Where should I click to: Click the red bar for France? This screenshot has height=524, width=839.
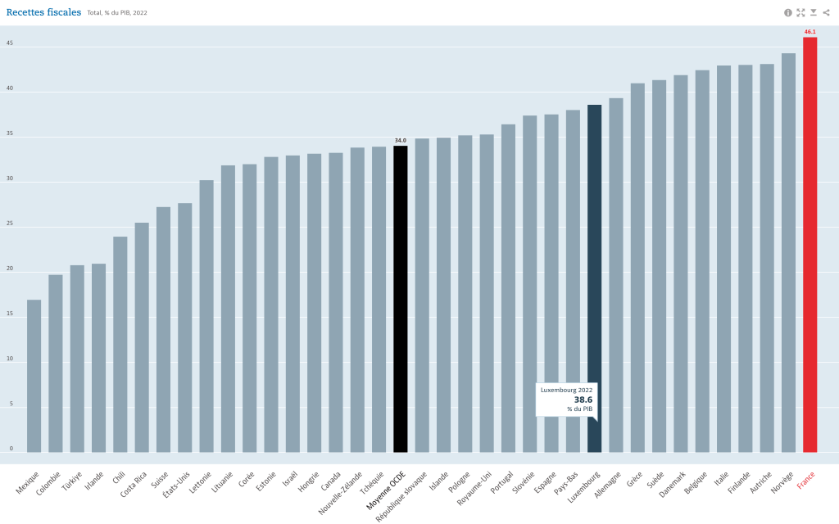click(x=810, y=246)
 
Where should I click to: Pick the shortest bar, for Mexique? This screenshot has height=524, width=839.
click(x=34, y=376)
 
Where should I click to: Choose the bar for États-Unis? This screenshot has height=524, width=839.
click(x=184, y=327)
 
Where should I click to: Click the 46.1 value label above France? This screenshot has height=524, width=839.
click(x=810, y=32)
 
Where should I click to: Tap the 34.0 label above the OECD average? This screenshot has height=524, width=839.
click(x=401, y=141)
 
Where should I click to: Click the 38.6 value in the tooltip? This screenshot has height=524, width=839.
click(x=583, y=400)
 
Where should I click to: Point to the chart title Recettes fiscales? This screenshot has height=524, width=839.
click(x=43, y=12)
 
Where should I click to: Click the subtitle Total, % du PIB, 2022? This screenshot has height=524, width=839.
click(x=117, y=13)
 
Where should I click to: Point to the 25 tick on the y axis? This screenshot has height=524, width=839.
click(x=10, y=224)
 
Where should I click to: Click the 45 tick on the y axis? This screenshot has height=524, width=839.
click(x=10, y=44)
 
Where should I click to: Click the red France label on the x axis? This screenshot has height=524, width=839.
click(x=806, y=479)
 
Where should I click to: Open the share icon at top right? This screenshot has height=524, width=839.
click(x=826, y=12)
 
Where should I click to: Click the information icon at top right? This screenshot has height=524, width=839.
click(x=788, y=12)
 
